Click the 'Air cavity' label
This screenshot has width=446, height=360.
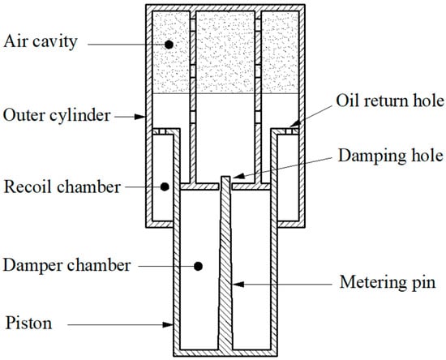[x=41, y=42]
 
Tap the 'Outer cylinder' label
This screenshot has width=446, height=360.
[x=57, y=115]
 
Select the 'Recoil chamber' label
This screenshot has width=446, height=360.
[x=62, y=187]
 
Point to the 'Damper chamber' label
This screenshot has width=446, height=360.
[x=66, y=265]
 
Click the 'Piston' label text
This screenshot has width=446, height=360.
[x=28, y=324]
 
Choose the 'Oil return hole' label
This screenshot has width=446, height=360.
[x=390, y=101]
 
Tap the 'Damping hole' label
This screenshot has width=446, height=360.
[x=391, y=156]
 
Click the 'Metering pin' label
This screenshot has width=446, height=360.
[x=388, y=282]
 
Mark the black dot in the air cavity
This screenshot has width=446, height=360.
[x=169, y=45]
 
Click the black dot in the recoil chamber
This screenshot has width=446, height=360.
[x=165, y=186]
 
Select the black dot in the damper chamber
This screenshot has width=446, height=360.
[x=198, y=267]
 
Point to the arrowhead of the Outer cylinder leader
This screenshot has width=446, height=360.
[x=140, y=117]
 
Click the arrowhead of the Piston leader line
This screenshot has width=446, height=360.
[x=168, y=324]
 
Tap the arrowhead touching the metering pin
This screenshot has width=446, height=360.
[x=238, y=284]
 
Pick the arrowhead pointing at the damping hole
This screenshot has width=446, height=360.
[x=238, y=176]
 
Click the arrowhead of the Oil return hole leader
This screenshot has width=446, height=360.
[x=294, y=124]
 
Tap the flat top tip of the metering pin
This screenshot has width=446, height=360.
[x=225, y=177]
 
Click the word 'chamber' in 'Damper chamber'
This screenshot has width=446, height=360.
[x=99, y=265]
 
